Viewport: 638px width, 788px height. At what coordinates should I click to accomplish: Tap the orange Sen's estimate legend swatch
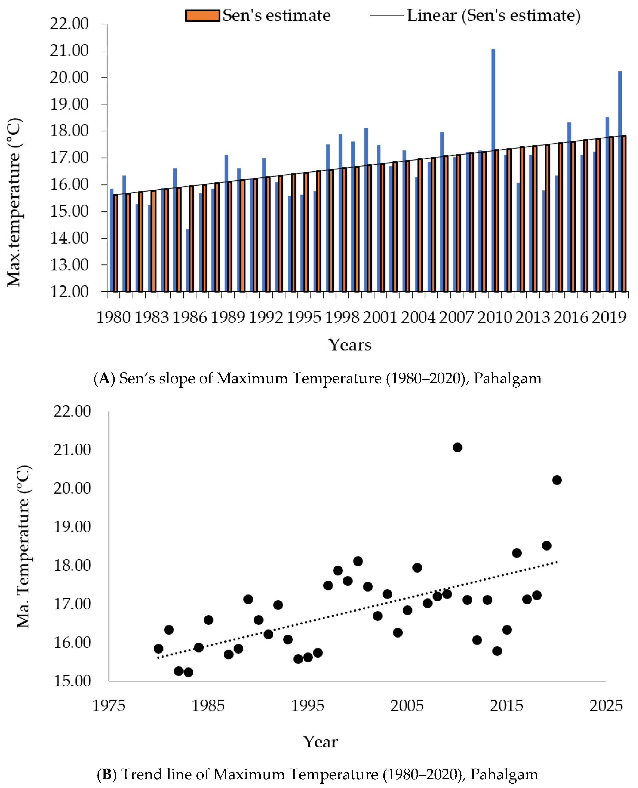(202, 16)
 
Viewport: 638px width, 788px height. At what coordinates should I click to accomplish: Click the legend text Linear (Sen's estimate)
(494, 16)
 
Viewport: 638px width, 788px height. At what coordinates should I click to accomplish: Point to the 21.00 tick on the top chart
(69, 51)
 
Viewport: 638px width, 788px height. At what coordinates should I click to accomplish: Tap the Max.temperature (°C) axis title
(15, 202)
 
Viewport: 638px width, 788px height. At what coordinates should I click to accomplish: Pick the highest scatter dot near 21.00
(457, 447)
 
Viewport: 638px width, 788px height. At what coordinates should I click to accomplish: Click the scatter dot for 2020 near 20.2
(557, 480)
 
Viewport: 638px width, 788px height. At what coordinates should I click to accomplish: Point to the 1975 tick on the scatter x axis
(109, 706)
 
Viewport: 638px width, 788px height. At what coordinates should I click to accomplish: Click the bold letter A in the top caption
(105, 378)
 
